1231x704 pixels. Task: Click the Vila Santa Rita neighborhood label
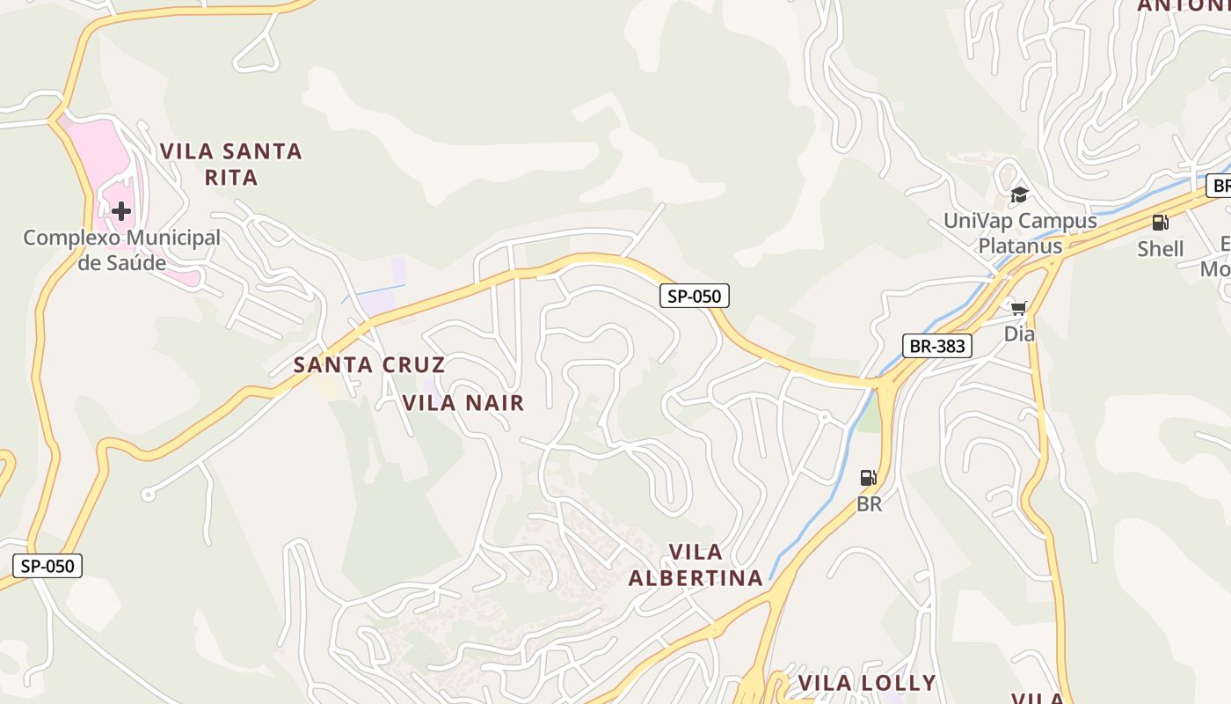click(x=231, y=164)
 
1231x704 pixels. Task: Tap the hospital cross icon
click(x=121, y=211)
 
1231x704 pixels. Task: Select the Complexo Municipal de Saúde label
click(x=121, y=250)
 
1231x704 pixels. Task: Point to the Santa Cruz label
click(x=369, y=364)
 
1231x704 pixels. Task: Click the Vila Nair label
click(x=463, y=403)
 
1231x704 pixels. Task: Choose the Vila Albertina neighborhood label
click(x=696, y=565)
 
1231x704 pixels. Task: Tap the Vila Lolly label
click(x=866, y=684)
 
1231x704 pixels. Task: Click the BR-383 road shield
click(x=937, y=346)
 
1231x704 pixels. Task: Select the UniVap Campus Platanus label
click(x=1020, y=233)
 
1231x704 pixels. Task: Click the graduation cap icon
click(x=1019, y=194)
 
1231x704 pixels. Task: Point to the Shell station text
click(x=1161, y=249)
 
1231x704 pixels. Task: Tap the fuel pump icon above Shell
click(x=1161, y=223)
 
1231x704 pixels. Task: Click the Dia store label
click(x=1019, y=334)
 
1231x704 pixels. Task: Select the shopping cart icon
click(x=1019, y=308)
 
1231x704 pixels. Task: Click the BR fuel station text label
click(x=869, y=505)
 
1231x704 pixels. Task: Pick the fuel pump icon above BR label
click(x=869, y=478)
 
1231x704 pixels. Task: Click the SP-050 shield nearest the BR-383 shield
click(x=695, y=297)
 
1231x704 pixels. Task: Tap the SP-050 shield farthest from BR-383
click(x=47, y=566)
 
